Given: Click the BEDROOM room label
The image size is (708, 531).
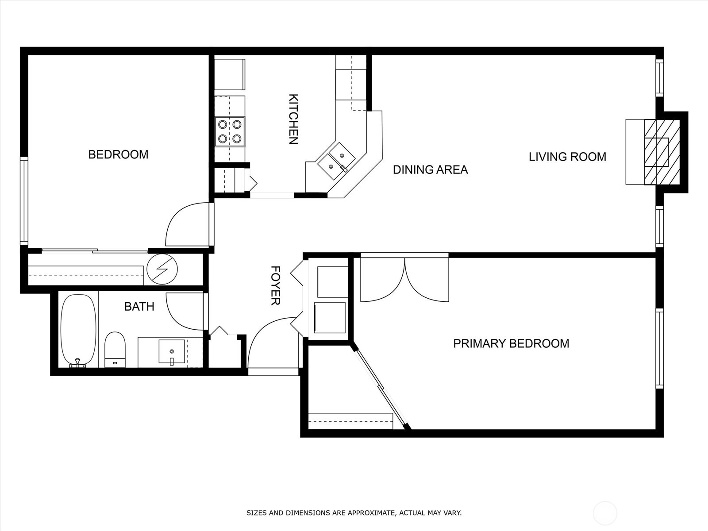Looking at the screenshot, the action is [x=119, y=154].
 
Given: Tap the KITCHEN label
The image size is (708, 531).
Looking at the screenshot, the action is [x=293, y=119].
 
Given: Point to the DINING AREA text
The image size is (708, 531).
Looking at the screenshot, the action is [x=430, y=169].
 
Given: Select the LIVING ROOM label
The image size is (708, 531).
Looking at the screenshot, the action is [x=567, y=157].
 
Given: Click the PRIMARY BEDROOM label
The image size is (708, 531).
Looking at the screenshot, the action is [x=511, y=343].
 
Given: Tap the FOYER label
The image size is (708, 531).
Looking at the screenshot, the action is [x=275, y=285].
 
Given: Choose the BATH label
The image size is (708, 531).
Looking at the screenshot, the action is [x=139, y=306].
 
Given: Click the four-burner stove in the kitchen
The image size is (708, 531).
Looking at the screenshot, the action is [x=230, y=131].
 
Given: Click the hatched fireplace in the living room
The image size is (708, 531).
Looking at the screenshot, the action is [x=662, y=152].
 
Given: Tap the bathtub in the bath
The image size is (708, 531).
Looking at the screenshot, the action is [x=78, y=330].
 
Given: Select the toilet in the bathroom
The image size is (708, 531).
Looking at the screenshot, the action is [x=115, y=350].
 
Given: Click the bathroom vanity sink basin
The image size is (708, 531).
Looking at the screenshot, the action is [x=172, y=351].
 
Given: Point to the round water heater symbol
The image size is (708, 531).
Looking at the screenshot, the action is [x=162, y=269].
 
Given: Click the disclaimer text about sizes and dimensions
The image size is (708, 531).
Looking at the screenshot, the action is [x=354, y=512].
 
